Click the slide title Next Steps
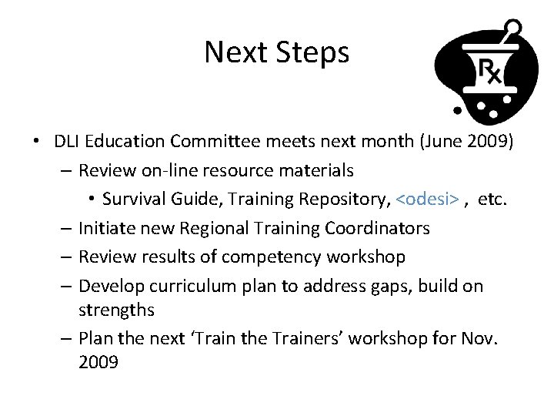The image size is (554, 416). tap(276, 52)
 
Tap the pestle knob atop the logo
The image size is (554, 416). tap(513, 29)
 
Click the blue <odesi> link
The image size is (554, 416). tap(428, 200)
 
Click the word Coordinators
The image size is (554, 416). tap(377, 228)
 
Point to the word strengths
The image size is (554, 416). tap(116, 310)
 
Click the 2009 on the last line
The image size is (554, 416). tap(98, 363)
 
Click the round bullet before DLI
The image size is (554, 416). tap(36, 142)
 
